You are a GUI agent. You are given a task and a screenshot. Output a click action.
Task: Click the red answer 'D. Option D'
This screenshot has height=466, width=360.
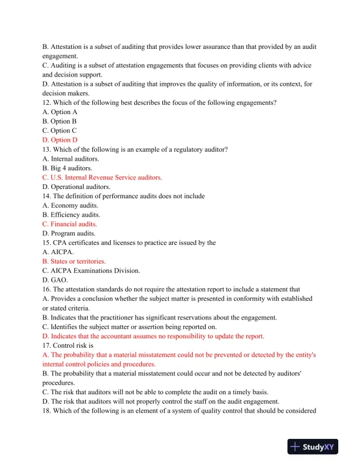pos(60,140)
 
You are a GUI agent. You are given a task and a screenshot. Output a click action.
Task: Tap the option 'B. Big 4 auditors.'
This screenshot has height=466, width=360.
pos(67,168)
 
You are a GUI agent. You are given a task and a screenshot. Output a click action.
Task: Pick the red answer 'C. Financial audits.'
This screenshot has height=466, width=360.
pos(69,224)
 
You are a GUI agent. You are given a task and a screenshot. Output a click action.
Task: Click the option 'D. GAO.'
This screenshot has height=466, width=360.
pos(54,280)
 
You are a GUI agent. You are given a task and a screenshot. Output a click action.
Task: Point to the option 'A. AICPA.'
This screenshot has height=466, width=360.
pos(58,252)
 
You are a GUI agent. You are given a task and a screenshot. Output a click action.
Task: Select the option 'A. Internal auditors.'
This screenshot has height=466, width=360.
pos(71,158)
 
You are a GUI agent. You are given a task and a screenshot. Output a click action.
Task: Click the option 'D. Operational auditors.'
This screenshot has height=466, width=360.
pos(76,187)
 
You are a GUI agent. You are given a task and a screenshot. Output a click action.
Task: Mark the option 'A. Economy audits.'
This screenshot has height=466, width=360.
pos(70,205)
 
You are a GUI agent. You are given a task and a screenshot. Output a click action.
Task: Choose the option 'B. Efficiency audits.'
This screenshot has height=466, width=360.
pos(71,215)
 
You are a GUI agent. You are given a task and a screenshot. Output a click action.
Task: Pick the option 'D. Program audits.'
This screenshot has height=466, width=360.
pos(69,234)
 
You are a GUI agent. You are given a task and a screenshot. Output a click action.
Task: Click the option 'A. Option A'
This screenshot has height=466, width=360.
pos(60,112)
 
